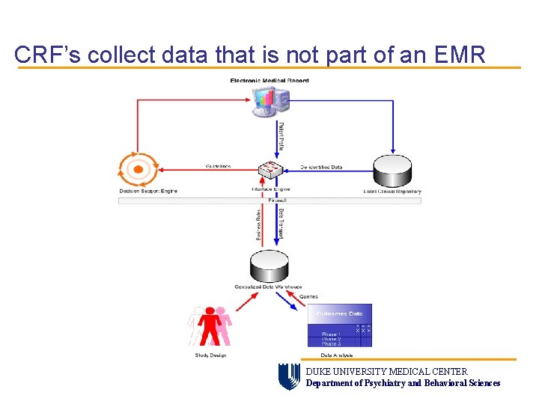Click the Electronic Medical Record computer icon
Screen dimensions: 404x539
269,101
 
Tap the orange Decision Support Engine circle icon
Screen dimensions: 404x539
138,169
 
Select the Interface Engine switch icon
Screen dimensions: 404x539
269,170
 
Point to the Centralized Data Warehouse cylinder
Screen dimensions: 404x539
268,266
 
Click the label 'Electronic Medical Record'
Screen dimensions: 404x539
269,81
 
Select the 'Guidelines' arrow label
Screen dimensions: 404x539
218,166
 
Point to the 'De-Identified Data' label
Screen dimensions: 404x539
321,167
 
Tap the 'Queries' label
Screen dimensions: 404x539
308,296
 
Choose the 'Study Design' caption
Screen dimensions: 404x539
210,355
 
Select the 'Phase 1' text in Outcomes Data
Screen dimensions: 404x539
330,334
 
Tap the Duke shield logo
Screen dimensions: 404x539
289,376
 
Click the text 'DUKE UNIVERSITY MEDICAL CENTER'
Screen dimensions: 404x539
386,372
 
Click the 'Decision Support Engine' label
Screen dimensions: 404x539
148,191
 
